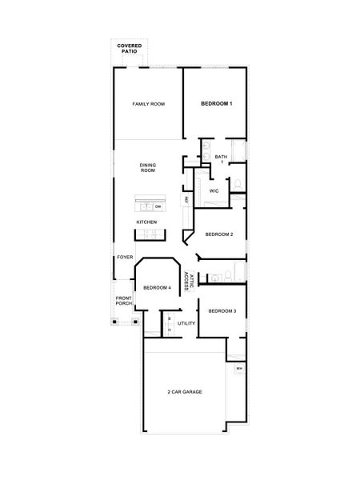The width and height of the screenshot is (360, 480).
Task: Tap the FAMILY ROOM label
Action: [x=149, y=104]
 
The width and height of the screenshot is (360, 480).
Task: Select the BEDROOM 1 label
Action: [x=216, y=104]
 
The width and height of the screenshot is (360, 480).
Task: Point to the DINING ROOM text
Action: [x=148, y=167]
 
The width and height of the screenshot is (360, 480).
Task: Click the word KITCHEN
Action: [x=146, y=222]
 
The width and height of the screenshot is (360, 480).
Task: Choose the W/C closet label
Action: [x=214, y=192]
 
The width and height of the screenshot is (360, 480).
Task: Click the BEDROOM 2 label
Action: [x=218, y=234]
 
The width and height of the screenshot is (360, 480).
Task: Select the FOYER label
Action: [x=125, y=258]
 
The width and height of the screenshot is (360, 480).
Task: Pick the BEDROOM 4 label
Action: [x=157, y=287]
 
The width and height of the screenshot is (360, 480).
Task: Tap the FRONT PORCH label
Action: [x=123, y=301]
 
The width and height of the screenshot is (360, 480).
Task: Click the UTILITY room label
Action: [x=186, y=323]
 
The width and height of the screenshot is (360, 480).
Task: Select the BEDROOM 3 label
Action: [x=222, y=310]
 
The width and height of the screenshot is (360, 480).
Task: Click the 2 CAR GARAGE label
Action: [x=184, y=392]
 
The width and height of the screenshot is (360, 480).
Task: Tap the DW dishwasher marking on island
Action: [x=158, y=206]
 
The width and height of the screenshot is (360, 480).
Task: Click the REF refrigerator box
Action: [x=186, y=199]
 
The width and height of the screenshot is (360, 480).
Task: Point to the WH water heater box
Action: [x=238, y=368]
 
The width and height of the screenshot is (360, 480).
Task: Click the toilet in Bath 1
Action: [x=237, y=186]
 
